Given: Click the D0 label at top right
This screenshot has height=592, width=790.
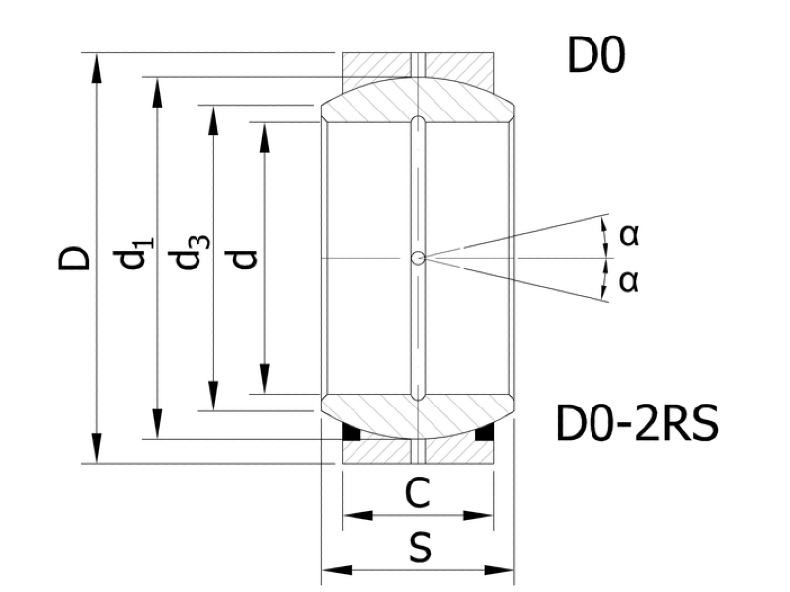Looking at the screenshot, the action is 596,55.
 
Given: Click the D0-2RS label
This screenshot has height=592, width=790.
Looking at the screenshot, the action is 637,423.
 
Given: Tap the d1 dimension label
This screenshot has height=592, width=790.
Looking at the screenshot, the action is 132,254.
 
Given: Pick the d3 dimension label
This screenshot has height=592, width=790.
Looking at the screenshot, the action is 189,254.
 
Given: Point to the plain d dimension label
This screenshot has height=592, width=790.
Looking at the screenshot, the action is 244,259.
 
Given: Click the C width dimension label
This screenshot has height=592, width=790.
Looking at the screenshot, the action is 418,493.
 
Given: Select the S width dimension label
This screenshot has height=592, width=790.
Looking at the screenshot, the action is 420,548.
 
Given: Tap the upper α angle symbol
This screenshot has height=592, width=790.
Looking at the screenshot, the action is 629,235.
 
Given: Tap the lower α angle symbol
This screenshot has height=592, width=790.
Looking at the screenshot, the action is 628,281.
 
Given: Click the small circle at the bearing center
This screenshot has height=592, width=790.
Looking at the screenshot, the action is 418,259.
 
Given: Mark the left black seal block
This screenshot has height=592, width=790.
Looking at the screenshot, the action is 352,432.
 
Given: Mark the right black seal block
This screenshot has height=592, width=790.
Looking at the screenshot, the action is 484,432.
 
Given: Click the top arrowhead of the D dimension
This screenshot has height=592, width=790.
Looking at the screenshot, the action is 96,67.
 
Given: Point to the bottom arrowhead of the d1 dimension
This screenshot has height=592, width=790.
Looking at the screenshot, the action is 158,424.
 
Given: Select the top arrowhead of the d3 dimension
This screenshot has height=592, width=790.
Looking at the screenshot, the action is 213,120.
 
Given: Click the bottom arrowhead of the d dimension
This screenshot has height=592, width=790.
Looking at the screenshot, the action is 264,379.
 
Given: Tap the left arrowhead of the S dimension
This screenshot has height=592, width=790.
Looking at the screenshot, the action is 337,571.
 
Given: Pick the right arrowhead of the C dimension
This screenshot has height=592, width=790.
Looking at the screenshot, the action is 478,515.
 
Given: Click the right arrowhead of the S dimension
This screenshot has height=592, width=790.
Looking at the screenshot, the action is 500,571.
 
